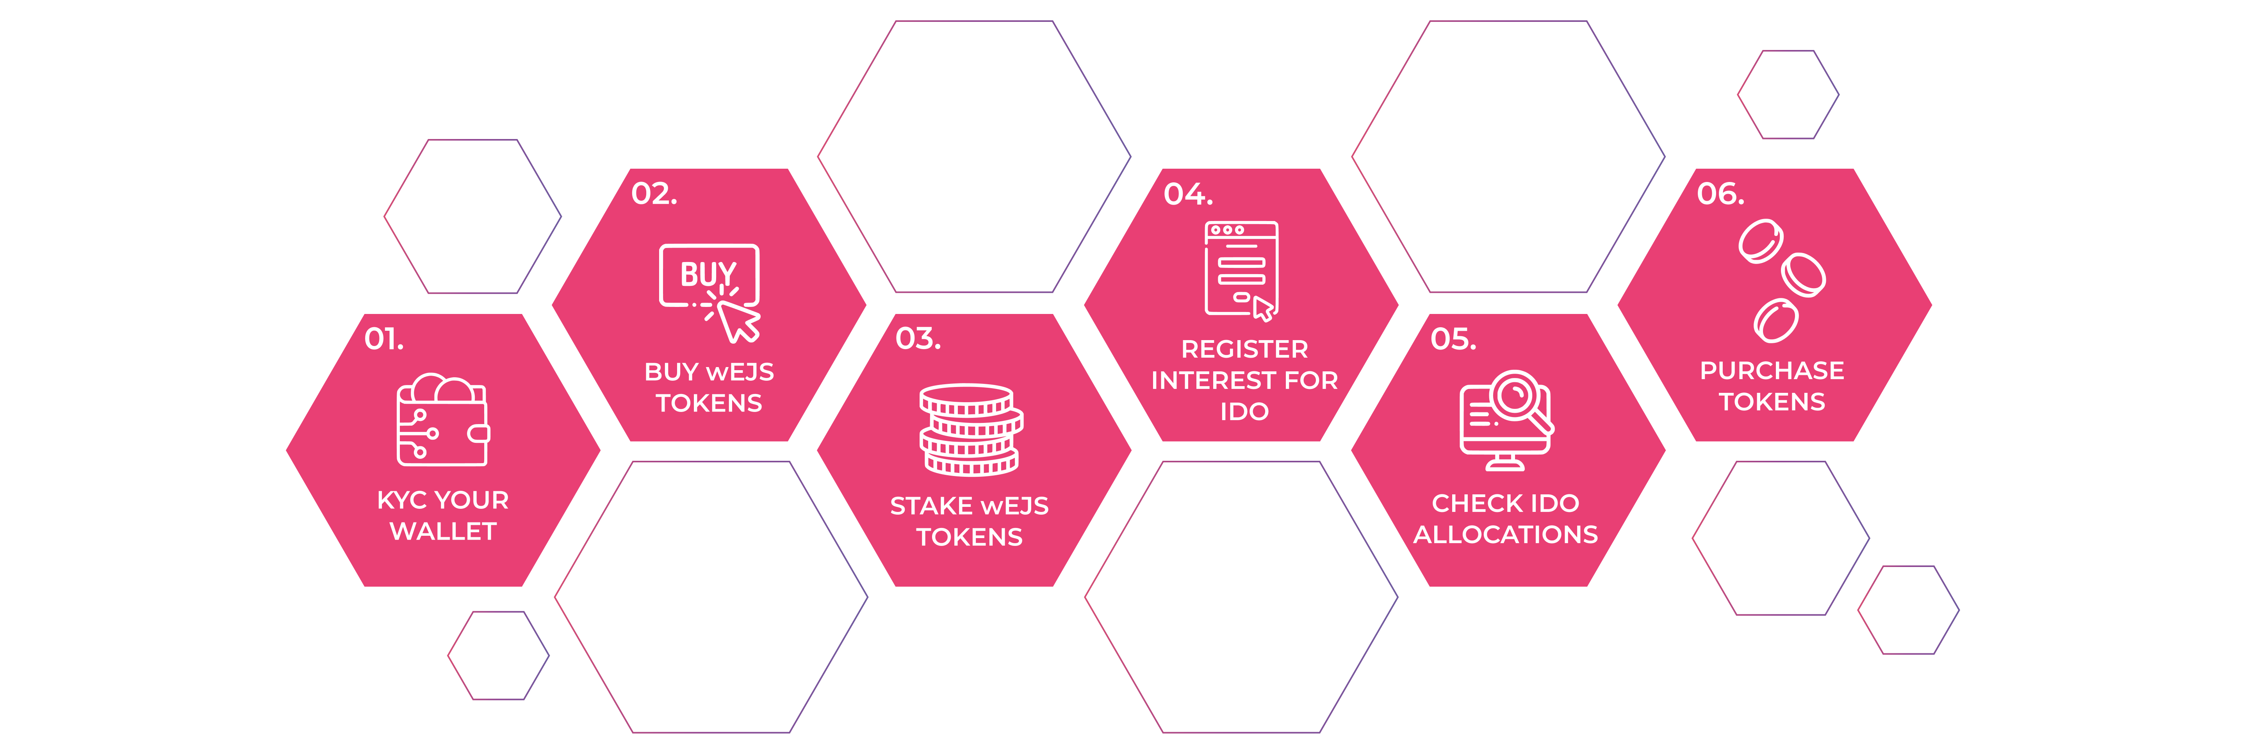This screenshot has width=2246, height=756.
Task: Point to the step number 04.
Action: pos(1187,194)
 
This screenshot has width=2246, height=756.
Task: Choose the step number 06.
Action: pos(1720,194)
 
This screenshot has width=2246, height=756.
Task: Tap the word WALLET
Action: pos(443,532)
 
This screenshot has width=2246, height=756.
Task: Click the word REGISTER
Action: pos(1244,349)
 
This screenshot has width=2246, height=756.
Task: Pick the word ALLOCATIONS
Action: pos(1506,535)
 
